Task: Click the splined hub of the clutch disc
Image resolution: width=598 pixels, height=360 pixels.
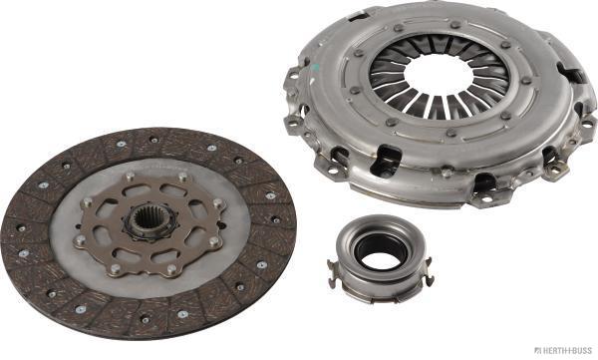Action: click(x=149, y=223)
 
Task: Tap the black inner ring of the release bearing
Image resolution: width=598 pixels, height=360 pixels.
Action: click(x=377, y=250)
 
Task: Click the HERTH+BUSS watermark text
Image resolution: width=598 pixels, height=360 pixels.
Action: click(x=564, y=350)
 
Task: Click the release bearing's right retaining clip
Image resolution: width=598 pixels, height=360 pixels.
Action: click(x=429, y=272)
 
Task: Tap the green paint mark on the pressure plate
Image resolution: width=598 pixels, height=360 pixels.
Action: click(x=315, y=69)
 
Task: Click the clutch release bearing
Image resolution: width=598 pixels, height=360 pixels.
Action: click(x=380, y=259)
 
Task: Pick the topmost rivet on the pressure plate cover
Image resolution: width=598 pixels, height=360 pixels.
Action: click(x=455, y=25)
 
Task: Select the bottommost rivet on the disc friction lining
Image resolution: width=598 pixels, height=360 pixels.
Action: click(x=146, y=320)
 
